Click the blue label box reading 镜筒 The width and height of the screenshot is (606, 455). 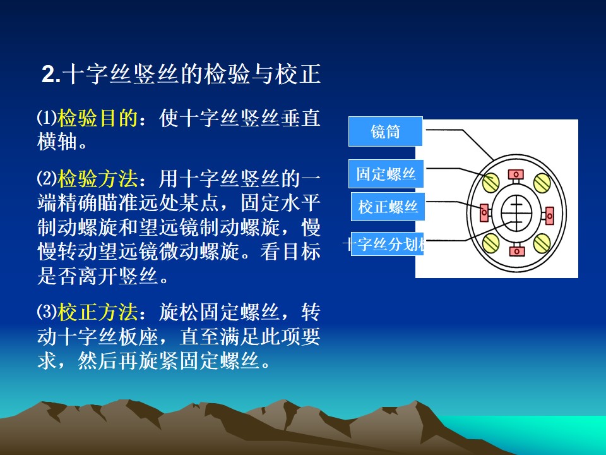[x=385, y=131]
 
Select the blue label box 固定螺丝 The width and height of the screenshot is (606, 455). [x=386, y=174]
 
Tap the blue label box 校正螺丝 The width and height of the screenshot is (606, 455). [x=388, y=207]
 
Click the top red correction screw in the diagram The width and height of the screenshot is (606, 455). [x=516, y=175]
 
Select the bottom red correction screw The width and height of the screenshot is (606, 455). [x=517, y=250]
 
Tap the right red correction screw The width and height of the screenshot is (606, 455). [x=549, y=215]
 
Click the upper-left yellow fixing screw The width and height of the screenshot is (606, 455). [x=491, y=182]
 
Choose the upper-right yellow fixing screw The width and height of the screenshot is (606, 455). [x=542, y=182]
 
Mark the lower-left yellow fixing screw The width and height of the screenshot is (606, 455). [x=491, y=243]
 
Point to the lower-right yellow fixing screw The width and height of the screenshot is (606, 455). [x=542, y=243]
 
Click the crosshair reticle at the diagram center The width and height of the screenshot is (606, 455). [x=516, y=213]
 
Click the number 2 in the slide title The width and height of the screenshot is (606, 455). [x=49, y=74]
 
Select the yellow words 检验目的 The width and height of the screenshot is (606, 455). [x=97, y=118]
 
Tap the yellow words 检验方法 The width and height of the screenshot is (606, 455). [x=97, y=178]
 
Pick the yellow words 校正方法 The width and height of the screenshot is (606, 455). [x=97, y=312]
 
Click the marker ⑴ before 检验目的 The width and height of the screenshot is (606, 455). [x=47, y=118]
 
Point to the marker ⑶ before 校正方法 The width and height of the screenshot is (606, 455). [x=47, y=311]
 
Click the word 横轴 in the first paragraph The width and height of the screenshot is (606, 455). [x=57, y=142]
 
